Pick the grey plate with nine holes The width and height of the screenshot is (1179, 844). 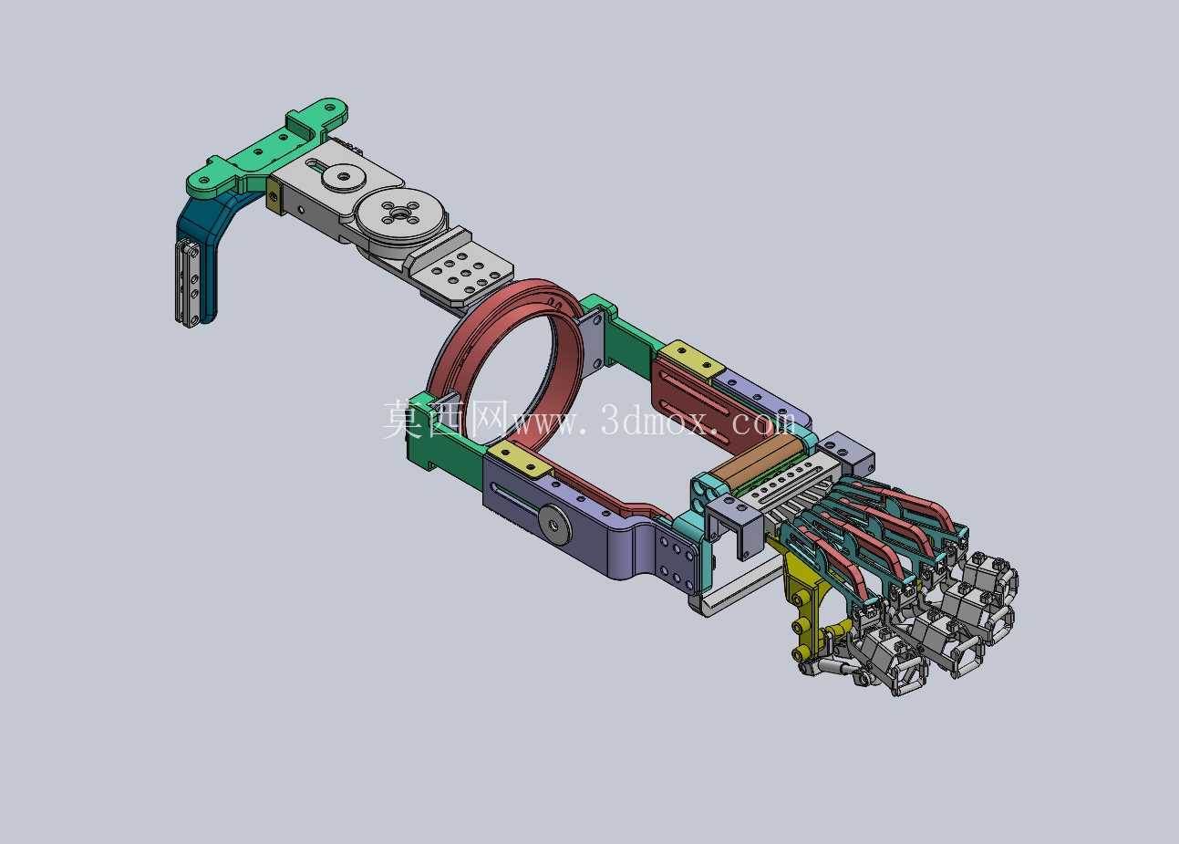tap(463, 274)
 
